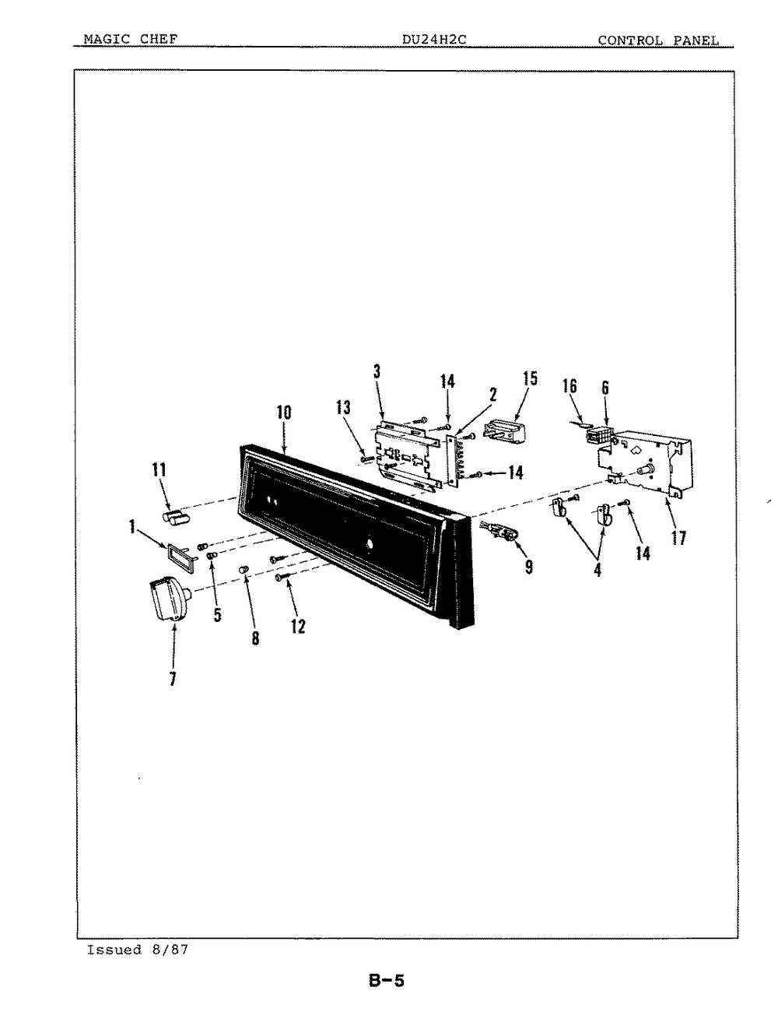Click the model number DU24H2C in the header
tap(434, 40)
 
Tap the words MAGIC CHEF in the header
tap(131, 39)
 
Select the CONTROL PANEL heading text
tap(658, 40)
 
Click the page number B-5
tap(387, 981)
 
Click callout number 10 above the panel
tap(284, 413)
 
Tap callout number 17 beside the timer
tap(678, 538)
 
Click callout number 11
tap(159, 470)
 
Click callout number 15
tap(530, 378)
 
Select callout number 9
tap(529, 567)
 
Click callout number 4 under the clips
tap(598, 570)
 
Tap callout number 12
tap(298, 626)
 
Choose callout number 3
tap(377, 371)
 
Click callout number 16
tap(569, 386)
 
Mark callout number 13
tap(343, 407)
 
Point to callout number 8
tap(256, 638)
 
